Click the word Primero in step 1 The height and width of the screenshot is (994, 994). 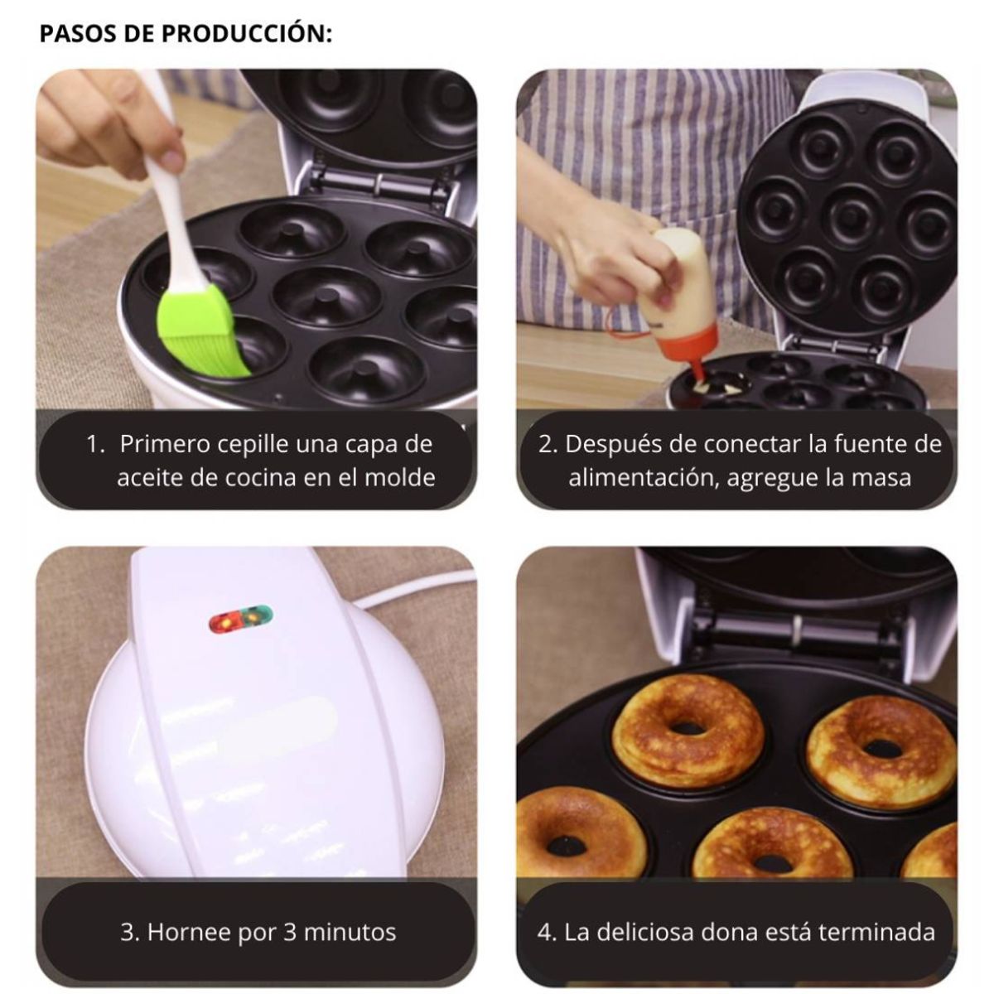164,444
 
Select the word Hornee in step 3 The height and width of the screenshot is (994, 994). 189,933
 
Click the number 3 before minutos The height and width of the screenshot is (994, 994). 290,933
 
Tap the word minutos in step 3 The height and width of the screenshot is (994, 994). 350,933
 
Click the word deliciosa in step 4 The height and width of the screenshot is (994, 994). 642,933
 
